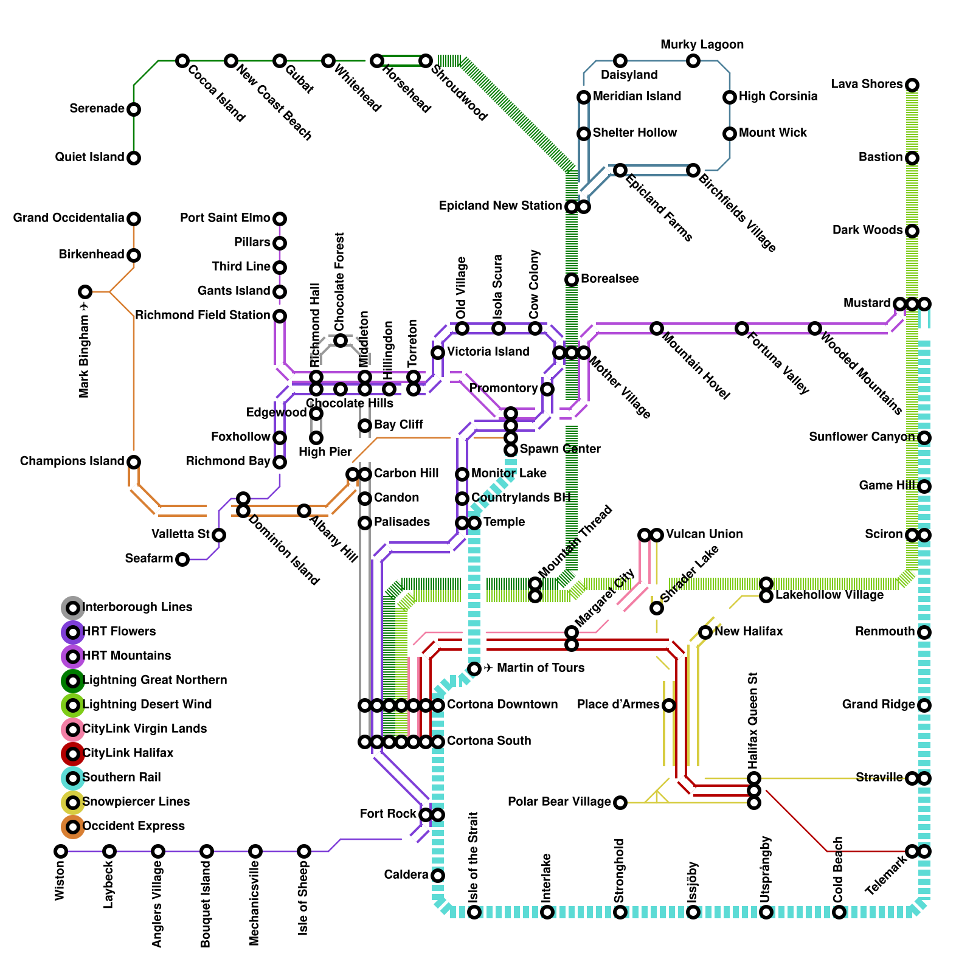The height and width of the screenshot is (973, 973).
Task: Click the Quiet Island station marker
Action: pyautogui.click(x=134, y=158)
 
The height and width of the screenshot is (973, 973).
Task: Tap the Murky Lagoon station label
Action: pyautogui.click(x=702, y=45)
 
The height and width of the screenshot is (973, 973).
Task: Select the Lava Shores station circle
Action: pyautogui.click(x=912, y=85)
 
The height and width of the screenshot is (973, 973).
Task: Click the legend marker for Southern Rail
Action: pyautogui.click(x=73, y=778)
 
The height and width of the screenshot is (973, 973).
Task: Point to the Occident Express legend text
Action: pyautogui.click(x=133, y=826)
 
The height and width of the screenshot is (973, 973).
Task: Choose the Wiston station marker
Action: pyautogui.click(x=61, y=851)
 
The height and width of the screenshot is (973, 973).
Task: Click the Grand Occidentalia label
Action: pyautogui.click(x=69, y=218)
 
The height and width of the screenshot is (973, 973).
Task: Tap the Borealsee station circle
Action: pyautogui.click(x=572, y=280)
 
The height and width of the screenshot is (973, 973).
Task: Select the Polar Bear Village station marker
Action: pyautogui.click(x=620, y=803)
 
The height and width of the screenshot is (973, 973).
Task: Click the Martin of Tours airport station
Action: pyautogui.click(x=474, y=669)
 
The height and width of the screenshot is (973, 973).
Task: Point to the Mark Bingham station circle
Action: pyautogui.click(x=85, y=292)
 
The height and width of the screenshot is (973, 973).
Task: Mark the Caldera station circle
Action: pyautogui.click(x=438, y=876)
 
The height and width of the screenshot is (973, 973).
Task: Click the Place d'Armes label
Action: pyautogui.click(x=618, y=705)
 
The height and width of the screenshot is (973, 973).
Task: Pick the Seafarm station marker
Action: pyautogui.click(x=182, y=559)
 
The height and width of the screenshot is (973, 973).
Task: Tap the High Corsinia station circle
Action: pyautogui.click(x=730, y=97)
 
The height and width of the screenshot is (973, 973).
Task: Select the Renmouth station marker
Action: pyautogui.click(x=924, y=632)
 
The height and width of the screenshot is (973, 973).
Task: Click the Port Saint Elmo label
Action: pyautogui.click(x=225, y=218)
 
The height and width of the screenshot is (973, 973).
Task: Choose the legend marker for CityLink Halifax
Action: pyautogui.click(x=73, y=753)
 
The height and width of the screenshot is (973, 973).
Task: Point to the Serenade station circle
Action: pyautogui.click(x=134, y=109)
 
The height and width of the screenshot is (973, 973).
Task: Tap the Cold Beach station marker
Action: pyautogui.click(x=839, y=912)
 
